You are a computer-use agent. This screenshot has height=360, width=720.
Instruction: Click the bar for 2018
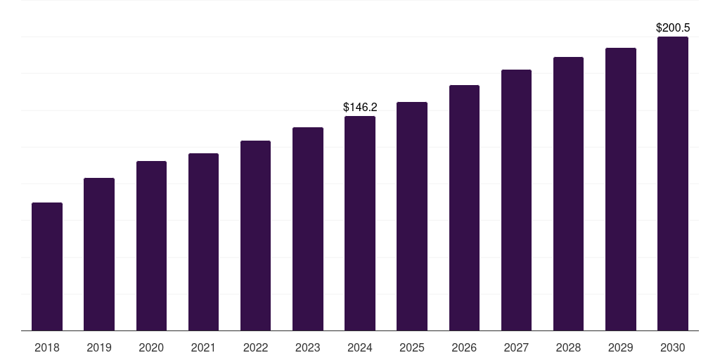pos(47,266)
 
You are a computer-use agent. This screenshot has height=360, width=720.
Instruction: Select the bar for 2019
pos(99,254)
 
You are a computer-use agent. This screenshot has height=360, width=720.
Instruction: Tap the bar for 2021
pos(203,242)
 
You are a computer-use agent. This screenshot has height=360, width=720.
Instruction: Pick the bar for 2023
pos(308,229)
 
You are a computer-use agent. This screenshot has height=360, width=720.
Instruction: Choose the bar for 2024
pos(360,223)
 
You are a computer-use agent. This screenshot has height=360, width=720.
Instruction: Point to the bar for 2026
pos(464,207)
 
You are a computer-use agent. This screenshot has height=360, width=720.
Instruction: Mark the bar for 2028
pos(568,193)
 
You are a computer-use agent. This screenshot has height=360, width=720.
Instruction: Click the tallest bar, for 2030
pos(672,184)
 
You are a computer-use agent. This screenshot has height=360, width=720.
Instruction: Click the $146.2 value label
pos(360,108)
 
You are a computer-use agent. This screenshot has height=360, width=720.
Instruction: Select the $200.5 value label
pos(672,28)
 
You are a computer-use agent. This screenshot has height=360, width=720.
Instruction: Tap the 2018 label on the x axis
pos(47,347)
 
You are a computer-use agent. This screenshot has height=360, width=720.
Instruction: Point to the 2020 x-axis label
pos(151,347)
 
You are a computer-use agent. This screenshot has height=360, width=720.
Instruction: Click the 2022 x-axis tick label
pos(255,347)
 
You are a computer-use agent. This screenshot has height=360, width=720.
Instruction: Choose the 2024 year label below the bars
pos(360,347)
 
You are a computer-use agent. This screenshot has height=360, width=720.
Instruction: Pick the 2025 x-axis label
pos(412,347)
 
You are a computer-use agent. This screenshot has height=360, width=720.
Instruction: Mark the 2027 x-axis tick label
pos(516,347)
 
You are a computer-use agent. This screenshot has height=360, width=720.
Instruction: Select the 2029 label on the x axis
pos(620,347)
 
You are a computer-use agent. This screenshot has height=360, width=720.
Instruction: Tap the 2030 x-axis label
pos(672,347)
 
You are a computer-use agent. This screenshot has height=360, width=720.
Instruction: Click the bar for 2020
pos(151,245)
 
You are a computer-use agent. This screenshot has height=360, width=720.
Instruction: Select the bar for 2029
pos(620,189)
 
